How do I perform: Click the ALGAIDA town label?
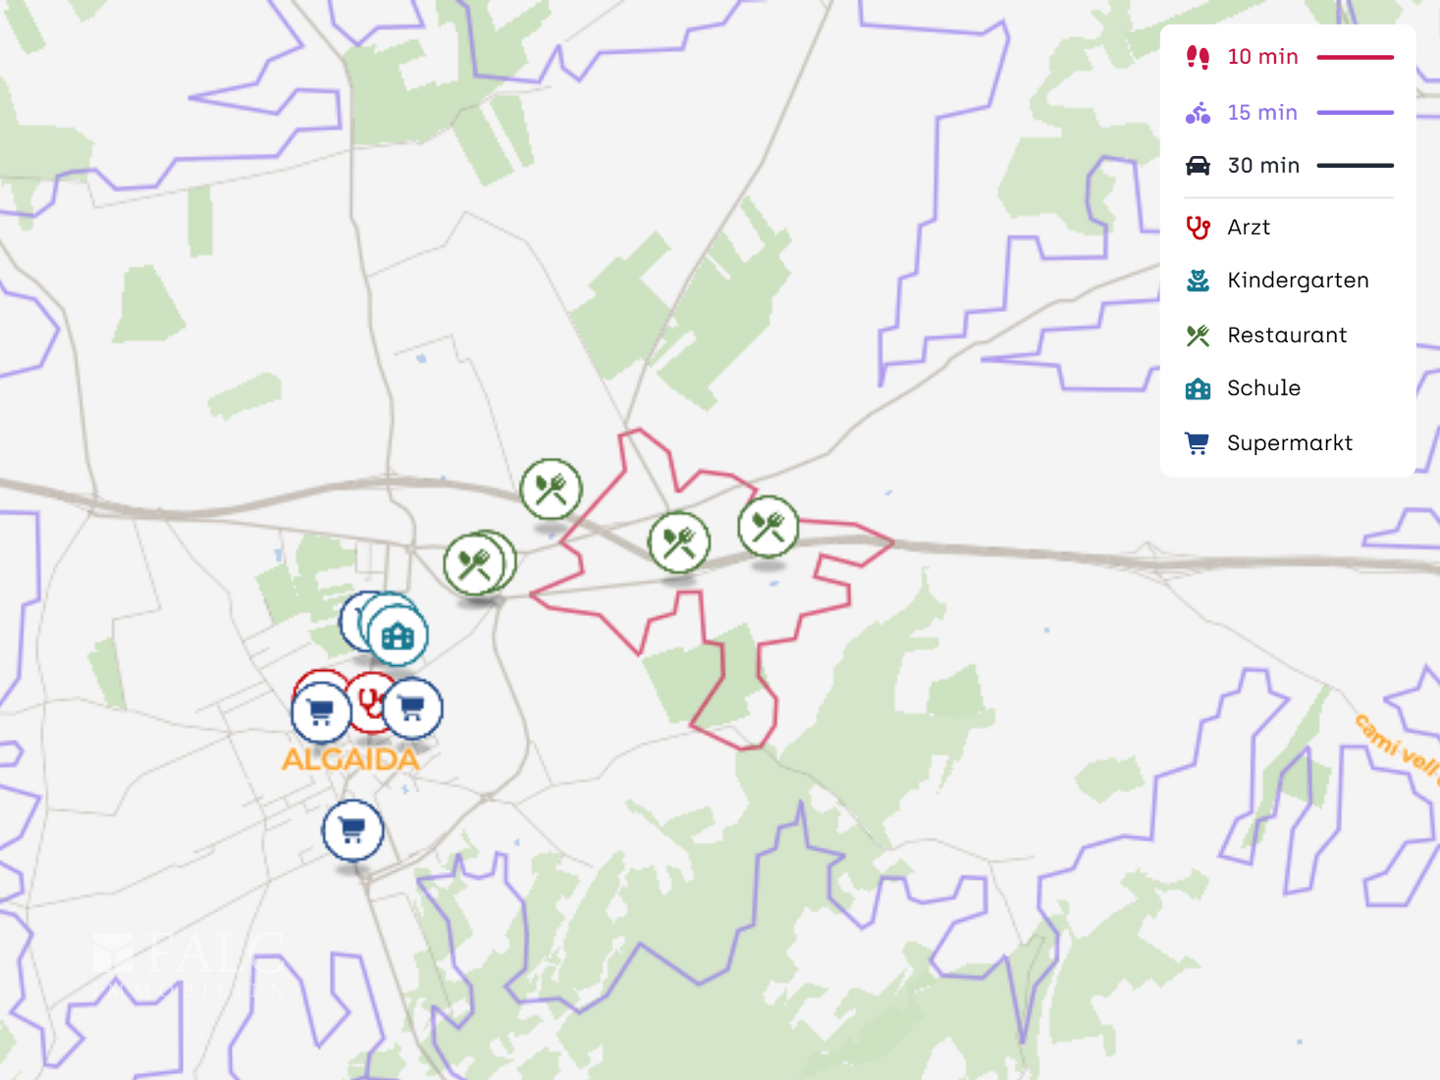(x=350, y=759)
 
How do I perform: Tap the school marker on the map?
(x=398, y=636)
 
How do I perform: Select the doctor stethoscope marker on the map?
(x=370, y=701)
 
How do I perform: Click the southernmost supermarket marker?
(x=352, y=830)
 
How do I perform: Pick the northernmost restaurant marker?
(x=551, y=488)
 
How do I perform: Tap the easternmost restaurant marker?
(x=768, y=526)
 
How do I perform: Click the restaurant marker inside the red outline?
(x=678, y=541)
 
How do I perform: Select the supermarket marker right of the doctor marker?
(x=412, y=707)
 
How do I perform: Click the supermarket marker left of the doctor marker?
(x=321, y=712)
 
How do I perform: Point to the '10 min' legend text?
(x=1262, y=57)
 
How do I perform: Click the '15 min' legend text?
(x=1262, y=113)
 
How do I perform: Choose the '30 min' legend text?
(x=1263, y=166)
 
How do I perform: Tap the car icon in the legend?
(x=1198, y=166)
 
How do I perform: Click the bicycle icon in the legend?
(x=1198, y=113)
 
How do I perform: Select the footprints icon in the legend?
(x=1198, y=57)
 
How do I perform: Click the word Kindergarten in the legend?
(x=1298, y=281)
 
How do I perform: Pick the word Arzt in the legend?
(x=1249, y=228)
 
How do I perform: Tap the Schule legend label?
(x=1263, y=388)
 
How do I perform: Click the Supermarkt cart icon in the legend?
(x=1198, y=443)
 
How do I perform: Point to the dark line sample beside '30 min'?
(x=1355, y=166)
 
